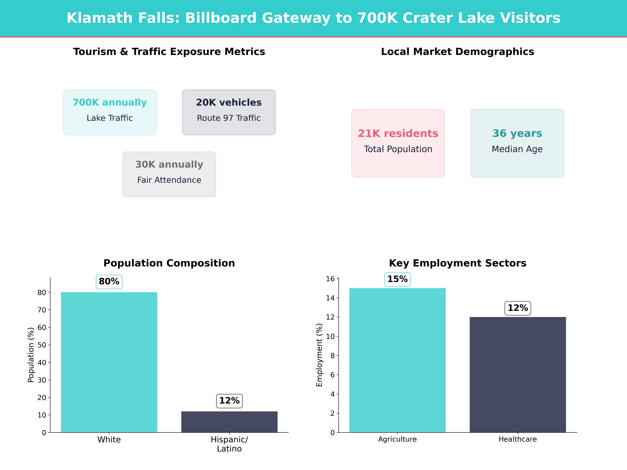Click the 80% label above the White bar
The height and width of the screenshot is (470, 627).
(x=109, y=282)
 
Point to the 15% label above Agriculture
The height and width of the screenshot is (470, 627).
(x=397, y=279)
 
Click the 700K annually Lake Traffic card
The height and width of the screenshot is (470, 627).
(x=110, y=112)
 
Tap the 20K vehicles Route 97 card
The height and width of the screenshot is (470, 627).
(x=229, y=112)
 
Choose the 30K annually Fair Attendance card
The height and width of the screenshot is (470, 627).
(x=169, y=174)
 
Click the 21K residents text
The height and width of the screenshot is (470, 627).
(x=398, y=133)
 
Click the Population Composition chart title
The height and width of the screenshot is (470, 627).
(x=169, y=263)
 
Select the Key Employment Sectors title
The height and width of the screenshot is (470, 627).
(x=457, y=263)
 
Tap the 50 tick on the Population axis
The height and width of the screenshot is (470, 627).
(x=42, y=345)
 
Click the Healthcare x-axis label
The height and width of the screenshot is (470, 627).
(x=518, y=439)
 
